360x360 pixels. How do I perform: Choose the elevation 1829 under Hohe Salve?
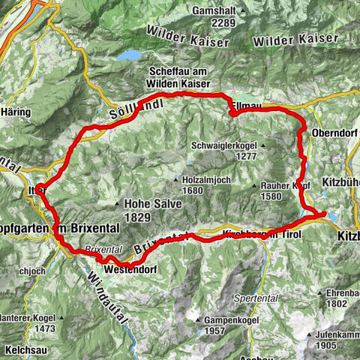(139, 216)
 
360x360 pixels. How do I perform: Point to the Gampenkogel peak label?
(222, 320)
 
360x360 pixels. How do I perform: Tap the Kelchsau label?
(22, 350)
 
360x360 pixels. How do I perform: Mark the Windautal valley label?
(106, 300)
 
